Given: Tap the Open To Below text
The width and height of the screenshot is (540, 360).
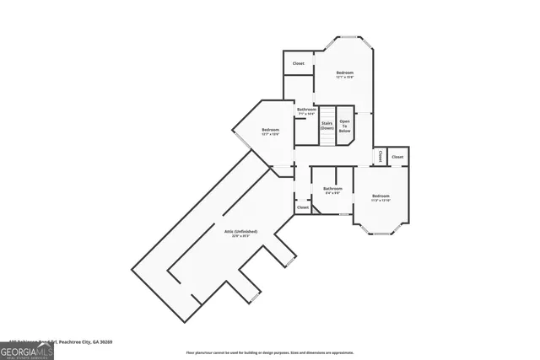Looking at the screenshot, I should point(344,127).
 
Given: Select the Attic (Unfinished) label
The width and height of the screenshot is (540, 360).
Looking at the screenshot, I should point(240,231).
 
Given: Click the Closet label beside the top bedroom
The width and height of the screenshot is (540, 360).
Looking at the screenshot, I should point(299,63).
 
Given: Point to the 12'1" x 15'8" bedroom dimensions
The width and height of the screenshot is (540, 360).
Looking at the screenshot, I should point(344,78).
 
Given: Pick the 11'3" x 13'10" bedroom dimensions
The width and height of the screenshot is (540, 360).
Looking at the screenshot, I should point(381,201).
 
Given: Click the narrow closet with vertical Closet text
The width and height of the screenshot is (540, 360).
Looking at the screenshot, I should point(380,156).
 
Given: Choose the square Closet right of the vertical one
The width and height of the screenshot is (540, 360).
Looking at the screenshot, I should point(397,157).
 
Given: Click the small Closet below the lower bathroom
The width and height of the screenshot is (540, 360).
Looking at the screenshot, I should point(302,207).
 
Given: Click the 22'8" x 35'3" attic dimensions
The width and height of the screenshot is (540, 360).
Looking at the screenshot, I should point(240,236).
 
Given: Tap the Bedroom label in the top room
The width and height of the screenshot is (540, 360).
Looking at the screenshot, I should point(344,73).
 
